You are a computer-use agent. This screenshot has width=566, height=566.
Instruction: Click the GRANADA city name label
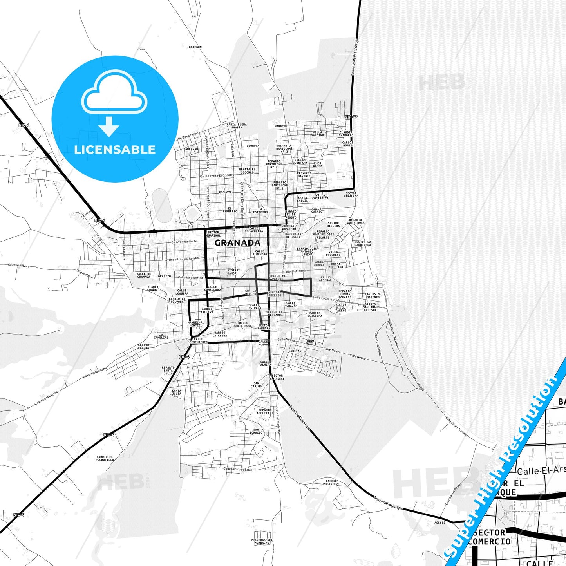click(x=237, y=243)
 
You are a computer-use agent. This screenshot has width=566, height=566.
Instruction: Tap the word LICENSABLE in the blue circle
click(x=115, y=150)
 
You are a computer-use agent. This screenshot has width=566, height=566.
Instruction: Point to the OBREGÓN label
click(x=195, y=47)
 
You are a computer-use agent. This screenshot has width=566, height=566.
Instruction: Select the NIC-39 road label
click(x=351, y=117)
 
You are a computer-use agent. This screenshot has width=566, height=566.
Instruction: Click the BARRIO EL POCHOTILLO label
click(x=105, y=458)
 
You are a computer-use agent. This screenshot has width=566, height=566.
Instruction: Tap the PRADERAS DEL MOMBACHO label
click(x=262, y=541)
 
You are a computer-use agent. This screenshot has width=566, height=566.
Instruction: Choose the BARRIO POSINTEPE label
click(x=331, y=483)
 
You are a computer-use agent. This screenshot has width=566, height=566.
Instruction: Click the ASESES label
click(x=440, y=523)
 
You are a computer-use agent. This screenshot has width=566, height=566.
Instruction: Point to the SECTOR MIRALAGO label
click(x=351, y=195)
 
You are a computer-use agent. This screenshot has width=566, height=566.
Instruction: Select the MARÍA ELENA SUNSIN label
click(x=237, y=126)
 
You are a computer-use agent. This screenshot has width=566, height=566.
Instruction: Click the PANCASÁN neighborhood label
click(x=191, y=149)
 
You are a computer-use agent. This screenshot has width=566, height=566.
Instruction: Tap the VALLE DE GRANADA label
click(x=144, y=275)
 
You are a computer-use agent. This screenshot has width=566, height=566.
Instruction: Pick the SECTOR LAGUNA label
click(x=144, y=346)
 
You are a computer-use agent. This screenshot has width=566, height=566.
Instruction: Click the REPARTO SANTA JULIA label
click(x=168, y=371)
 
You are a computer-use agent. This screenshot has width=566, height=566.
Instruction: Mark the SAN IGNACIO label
click(x=256, y=431)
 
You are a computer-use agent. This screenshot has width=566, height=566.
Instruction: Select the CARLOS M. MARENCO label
click(x=373, y=295)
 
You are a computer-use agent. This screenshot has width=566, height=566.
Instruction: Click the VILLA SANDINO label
click(x=318, y=134)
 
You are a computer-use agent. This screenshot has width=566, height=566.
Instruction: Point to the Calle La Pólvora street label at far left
click(x=19, y=265)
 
